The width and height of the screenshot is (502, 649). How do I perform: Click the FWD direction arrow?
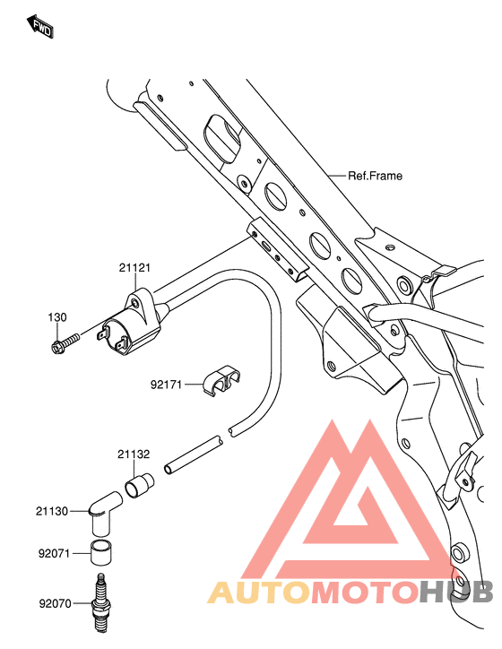pos(39,27)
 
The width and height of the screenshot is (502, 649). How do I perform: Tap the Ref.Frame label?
pos(375,176)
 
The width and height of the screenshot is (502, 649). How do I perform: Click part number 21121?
pos(134,268)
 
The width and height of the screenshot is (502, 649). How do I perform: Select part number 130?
pos(57,317)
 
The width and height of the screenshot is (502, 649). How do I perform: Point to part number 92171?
pos(166,385)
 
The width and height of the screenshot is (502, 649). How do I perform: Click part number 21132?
pos(134,454)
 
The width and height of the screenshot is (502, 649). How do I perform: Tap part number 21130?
pos(52,512)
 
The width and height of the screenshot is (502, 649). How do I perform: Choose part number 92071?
pos(54,553)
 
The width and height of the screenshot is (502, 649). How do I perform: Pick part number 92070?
pos(55,604)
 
